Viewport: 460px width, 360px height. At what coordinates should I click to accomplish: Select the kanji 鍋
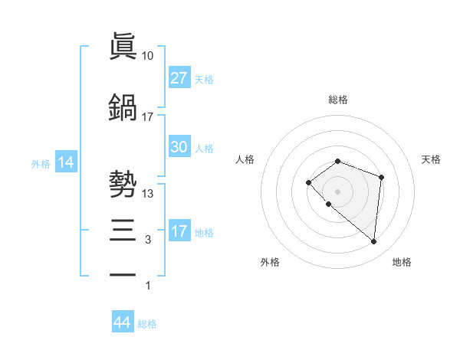[123, 106]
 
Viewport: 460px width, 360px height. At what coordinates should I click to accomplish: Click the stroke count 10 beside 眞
[148, 57]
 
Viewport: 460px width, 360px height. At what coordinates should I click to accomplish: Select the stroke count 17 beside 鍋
[148, 117]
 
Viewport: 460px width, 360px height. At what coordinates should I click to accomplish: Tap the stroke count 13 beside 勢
[148, 194]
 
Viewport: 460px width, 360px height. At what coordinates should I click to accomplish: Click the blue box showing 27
[179, 78]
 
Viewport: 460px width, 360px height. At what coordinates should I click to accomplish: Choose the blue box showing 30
[179, 148]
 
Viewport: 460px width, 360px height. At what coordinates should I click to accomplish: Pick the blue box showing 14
[66, 162]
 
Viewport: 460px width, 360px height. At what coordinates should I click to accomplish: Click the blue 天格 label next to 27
[204, 79]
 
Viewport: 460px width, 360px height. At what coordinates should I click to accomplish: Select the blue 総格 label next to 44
[147, 324]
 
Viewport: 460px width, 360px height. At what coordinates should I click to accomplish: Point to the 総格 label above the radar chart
[337, 100]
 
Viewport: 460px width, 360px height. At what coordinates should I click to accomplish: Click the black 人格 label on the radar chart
[245, 159]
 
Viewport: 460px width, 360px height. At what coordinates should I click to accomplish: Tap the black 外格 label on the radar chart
[270, 263]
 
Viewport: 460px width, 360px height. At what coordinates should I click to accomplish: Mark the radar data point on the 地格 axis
[373, 242]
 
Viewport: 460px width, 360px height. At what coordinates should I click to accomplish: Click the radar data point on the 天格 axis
[382, 178]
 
